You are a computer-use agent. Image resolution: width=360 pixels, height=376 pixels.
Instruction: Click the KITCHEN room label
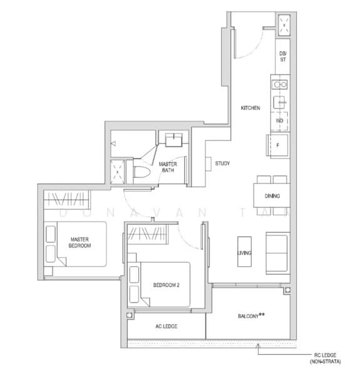[x=250, y=108]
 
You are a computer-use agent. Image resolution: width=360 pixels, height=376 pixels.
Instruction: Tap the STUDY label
[x=222, y=164]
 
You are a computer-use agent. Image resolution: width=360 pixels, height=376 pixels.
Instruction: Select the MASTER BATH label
[x=167, y=167]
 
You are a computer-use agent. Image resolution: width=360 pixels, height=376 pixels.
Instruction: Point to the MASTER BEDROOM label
[x=80, y=243]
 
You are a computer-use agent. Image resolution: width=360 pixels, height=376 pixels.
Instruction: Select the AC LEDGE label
[x=166, y=326]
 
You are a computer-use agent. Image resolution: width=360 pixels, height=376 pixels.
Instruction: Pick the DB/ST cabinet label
[x=282, y=58]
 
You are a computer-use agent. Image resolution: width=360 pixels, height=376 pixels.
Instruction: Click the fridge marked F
[x=279, y=145]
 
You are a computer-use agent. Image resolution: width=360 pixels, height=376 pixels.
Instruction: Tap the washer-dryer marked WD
[x=279, y=120]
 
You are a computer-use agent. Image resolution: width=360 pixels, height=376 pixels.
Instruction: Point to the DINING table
[x=272, y=196]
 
